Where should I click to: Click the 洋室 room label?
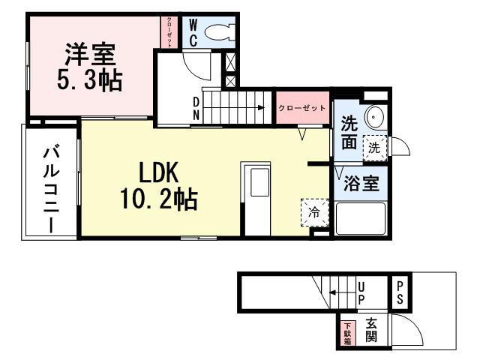89,54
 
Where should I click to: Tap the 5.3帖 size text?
89,79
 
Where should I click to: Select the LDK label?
157,174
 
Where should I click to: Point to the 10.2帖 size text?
157,199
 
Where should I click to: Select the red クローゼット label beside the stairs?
302,108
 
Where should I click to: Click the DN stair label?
196,107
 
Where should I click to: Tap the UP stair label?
361,292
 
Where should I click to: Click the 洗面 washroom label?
349,131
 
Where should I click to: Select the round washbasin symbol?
374,118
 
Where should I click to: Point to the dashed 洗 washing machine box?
374,148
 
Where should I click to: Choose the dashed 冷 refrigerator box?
315,212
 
